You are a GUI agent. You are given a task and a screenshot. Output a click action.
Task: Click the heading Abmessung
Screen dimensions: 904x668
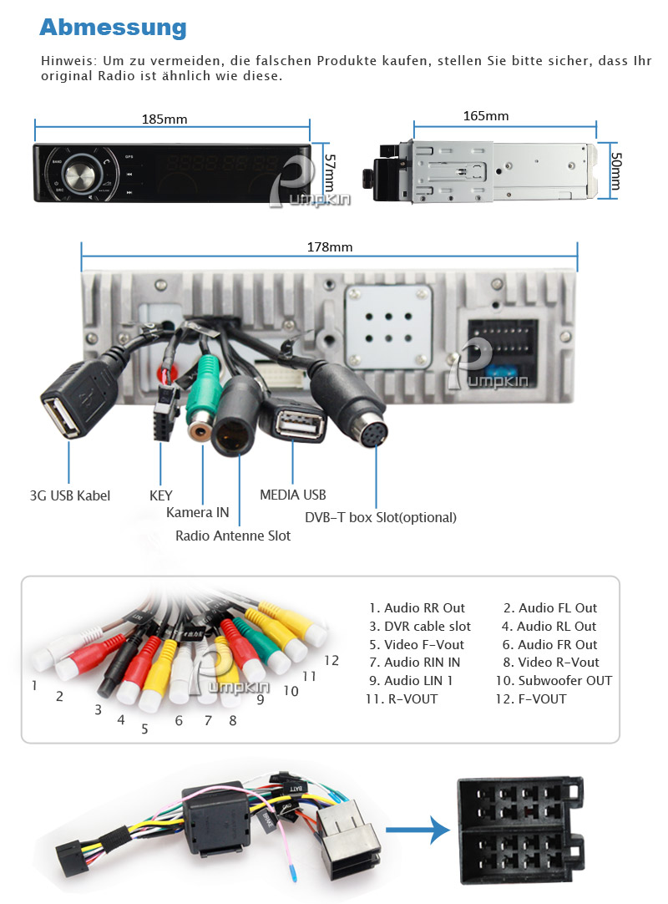113,27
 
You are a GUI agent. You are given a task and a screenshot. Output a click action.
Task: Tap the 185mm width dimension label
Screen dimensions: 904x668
164,119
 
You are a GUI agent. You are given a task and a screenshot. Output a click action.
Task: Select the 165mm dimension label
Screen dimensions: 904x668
485,116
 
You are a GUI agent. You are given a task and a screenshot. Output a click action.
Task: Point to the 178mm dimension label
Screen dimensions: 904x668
330,247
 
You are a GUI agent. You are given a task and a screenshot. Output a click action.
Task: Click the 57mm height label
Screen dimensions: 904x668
329,172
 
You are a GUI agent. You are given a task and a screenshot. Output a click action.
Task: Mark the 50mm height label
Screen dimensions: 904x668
615,170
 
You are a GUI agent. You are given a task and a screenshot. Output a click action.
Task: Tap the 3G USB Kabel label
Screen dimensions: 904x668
70,495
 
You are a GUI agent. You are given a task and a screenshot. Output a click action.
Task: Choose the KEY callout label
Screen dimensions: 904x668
161,495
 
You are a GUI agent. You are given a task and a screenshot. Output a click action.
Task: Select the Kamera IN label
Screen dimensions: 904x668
197,512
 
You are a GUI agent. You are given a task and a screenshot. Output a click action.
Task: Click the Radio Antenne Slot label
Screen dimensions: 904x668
233,536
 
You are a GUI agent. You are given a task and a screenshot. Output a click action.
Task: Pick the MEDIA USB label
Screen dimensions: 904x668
293,495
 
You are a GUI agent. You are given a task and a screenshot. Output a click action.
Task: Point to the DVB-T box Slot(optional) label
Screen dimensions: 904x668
381,517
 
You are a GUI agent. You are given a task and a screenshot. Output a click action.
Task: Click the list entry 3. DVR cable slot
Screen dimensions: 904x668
420,626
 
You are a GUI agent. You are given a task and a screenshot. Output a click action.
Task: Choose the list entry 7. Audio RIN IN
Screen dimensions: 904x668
415,662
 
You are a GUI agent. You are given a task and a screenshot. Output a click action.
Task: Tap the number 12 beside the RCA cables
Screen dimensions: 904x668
331,660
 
